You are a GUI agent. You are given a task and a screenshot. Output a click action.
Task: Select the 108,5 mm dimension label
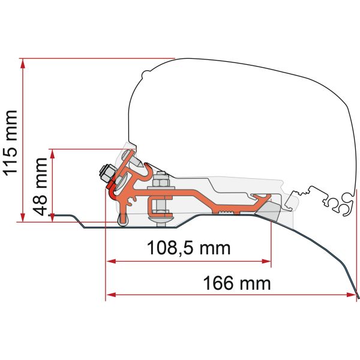click(188, 247)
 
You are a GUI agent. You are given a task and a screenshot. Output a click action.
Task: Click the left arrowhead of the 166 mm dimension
click(110, 295)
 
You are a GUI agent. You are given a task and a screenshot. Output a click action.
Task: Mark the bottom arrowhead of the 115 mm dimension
click(23, 219)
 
